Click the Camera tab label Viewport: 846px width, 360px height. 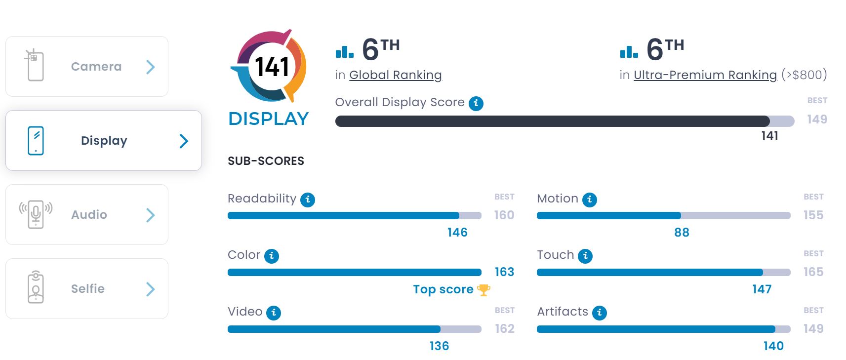tap(96, 67)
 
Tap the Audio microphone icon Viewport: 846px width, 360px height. tap(36, 214)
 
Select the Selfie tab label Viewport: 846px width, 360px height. tap(88, 289)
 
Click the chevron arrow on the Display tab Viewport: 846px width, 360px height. tap(184, 141)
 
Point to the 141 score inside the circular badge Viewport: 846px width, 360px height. tap(272, 67)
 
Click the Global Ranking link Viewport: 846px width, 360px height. tap(395, 75)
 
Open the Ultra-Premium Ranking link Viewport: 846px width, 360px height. tap(705, 75)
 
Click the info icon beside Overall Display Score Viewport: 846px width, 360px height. tap(476, 103)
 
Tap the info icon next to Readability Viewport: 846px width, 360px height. tap(308, 200)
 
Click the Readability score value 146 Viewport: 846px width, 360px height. tap(457, 233)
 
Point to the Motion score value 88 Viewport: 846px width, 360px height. tap(682, 233)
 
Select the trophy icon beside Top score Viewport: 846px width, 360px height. tap(483, 290)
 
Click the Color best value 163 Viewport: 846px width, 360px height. tap(504, 272)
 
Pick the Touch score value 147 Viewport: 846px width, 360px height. tap(762, 289)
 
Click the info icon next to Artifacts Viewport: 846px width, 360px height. tap(600, 313)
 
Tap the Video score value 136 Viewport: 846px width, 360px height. tap(439, 346)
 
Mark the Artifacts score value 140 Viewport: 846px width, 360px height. tap(773, 346)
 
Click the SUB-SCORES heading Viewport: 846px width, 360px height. tap(266, 161)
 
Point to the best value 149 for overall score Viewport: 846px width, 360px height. tap(817, 120)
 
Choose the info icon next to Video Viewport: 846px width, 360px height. tap(274, 313)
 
